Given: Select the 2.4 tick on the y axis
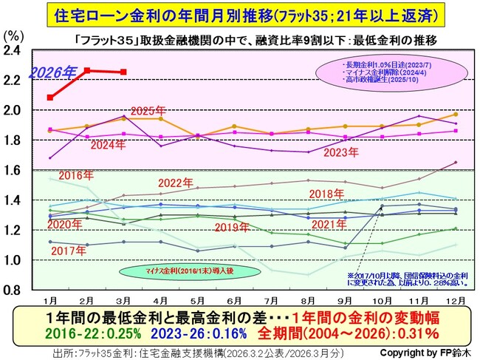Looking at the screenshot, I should [x=15, y=50].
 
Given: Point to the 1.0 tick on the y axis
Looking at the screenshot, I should [x=15, y=260].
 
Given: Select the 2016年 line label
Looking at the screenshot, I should [x=75, y=175].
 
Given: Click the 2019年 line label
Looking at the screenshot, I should [x=233, y=227].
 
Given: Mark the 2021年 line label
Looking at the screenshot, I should [x=331, y=225].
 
